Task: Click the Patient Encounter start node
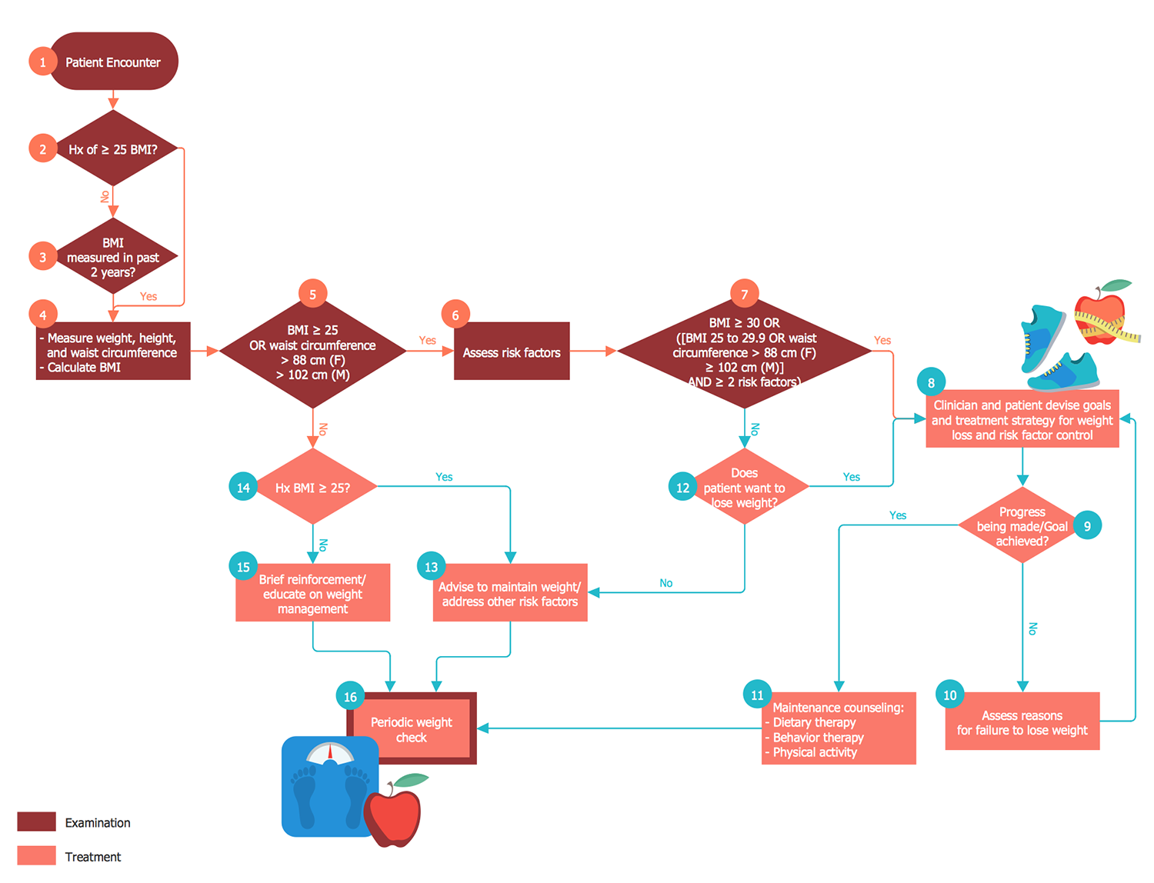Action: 113,61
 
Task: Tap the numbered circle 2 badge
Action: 42,148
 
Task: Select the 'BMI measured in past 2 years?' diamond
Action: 113,256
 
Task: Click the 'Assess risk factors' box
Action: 512,351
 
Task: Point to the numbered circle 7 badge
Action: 745,293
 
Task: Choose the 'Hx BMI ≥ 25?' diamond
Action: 313,487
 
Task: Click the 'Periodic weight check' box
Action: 412,728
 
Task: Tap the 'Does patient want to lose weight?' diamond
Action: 745,487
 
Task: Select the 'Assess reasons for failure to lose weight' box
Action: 1022,721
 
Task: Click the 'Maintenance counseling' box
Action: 839,728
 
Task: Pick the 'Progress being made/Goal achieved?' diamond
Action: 1022,525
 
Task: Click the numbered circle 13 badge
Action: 431,566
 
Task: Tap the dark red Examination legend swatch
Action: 36,821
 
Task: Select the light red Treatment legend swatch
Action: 36,855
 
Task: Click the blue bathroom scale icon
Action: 330,786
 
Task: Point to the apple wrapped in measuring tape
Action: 1103,314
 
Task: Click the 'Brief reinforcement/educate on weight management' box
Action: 313,593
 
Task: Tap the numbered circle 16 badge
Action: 350,696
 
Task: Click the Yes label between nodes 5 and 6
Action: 428,340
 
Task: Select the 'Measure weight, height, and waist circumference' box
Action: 113,351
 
